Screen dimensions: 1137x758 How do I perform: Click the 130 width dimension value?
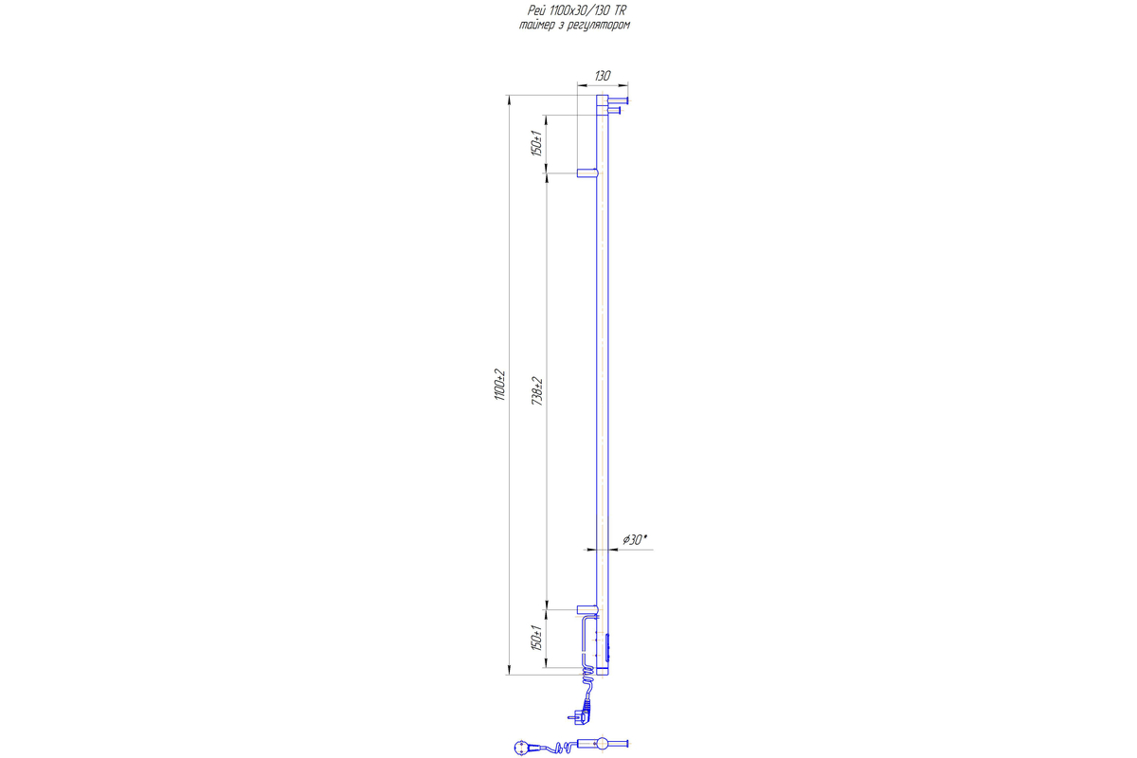(x=602, y=76)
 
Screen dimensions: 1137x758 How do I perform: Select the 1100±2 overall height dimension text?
(x=500, y=385)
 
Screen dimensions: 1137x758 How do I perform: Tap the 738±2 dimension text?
(x=537, y=391)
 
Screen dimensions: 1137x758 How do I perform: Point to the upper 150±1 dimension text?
(x=537, y=143)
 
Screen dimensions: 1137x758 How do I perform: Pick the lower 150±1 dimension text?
(x=537, y=638)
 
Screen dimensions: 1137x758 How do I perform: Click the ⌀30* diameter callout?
(x=635, y=540)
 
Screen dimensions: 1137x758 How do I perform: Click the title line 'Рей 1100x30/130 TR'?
(x=577, y=10)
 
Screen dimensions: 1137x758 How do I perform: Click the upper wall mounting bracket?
(x=587, y=173)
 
